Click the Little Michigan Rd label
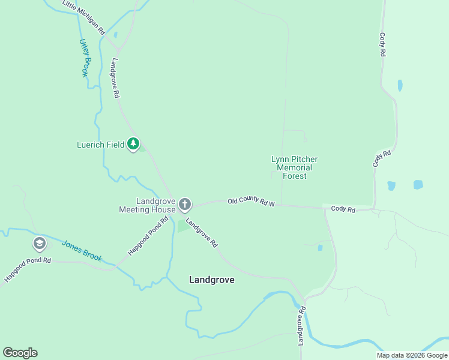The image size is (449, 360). pyautogui.click(x=83, y=16)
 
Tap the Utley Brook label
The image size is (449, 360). pyautogui.click(x=84, y=58)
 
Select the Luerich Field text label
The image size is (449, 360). pyautogui.click(x=100, y=145)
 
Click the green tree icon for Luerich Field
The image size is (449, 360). pyautogui.click(x=133, y=145)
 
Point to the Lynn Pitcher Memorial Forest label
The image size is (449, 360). pyautogui.click(x=294, y=167)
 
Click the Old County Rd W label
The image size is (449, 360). pyautogui.click(x=251, y=203)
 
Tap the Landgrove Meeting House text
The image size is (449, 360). pyautogui.click(x=147, y=205)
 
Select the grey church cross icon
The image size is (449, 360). pyautogui.click(x=185, y=205)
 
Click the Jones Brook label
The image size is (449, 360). pyautogui.click(x=82, y=251)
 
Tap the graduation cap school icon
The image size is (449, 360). pyautogui.click(x=39, y=244)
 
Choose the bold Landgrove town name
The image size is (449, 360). pyautogui.click(x=211, y=280)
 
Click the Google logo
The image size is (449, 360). pyautogui.click(x=20, y=353)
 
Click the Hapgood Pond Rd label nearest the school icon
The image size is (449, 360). pyautogui.click(x=28, y=270)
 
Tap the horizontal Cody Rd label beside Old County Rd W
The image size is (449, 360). pyautogui.click(x=343, y=209)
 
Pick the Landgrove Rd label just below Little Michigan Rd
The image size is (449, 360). pyautogui.click(x=114, y=78)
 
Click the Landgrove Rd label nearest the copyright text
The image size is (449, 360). pyautogui.click(x=303, y=325)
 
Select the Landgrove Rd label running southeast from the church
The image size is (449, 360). pyautogui.click(x=202, y=233)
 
